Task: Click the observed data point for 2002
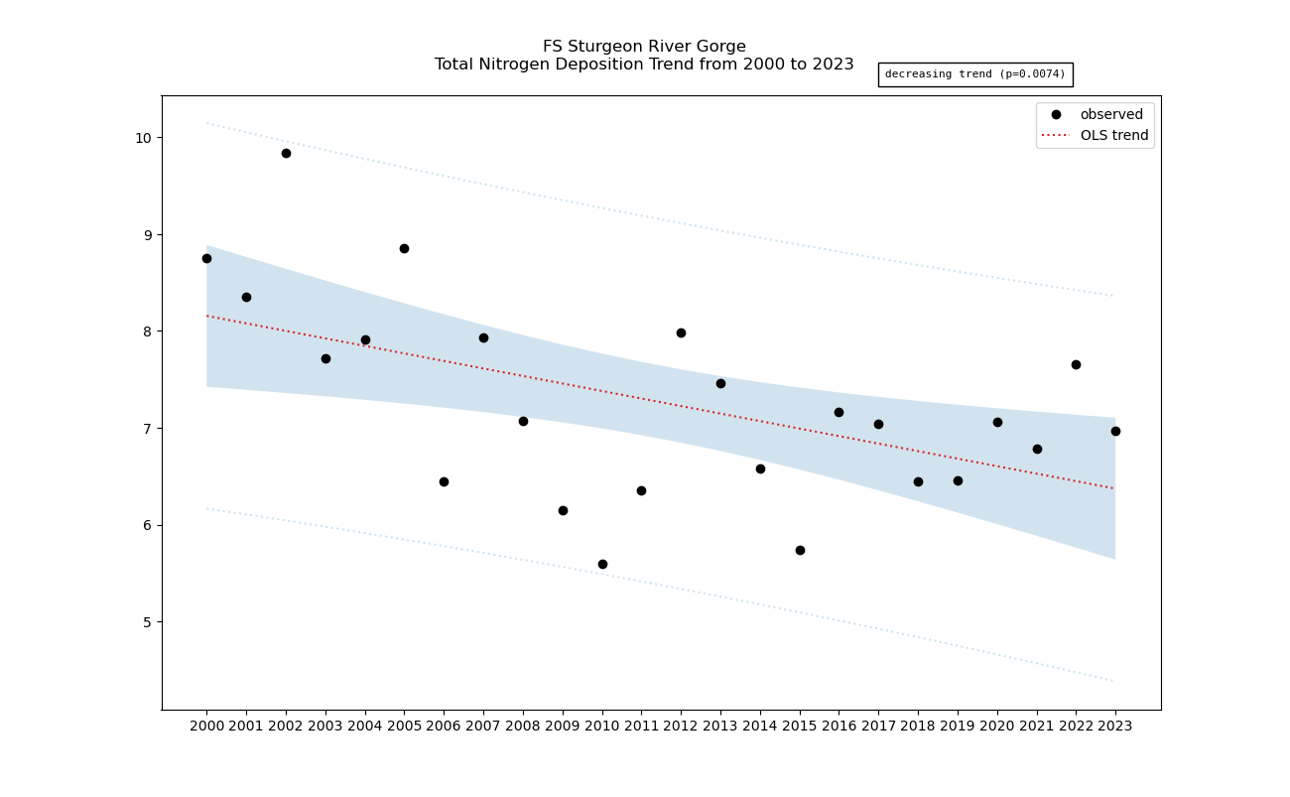point(286,153)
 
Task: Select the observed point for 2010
point(602,564)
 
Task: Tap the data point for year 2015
point(800,550)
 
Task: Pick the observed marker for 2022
point(1076,364)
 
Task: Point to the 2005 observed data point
point(404,248)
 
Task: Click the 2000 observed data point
point(206,258)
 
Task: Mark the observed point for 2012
point(681,332)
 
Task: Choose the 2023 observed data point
point(1115,431)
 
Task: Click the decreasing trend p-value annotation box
point(974,74)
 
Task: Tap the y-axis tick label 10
point(143,138)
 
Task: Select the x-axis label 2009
point(563,726)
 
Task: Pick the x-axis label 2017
point(878,726)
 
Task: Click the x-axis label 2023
point(1115,726)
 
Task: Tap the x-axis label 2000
point(206,726)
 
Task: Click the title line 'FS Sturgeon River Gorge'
point(644,47)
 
